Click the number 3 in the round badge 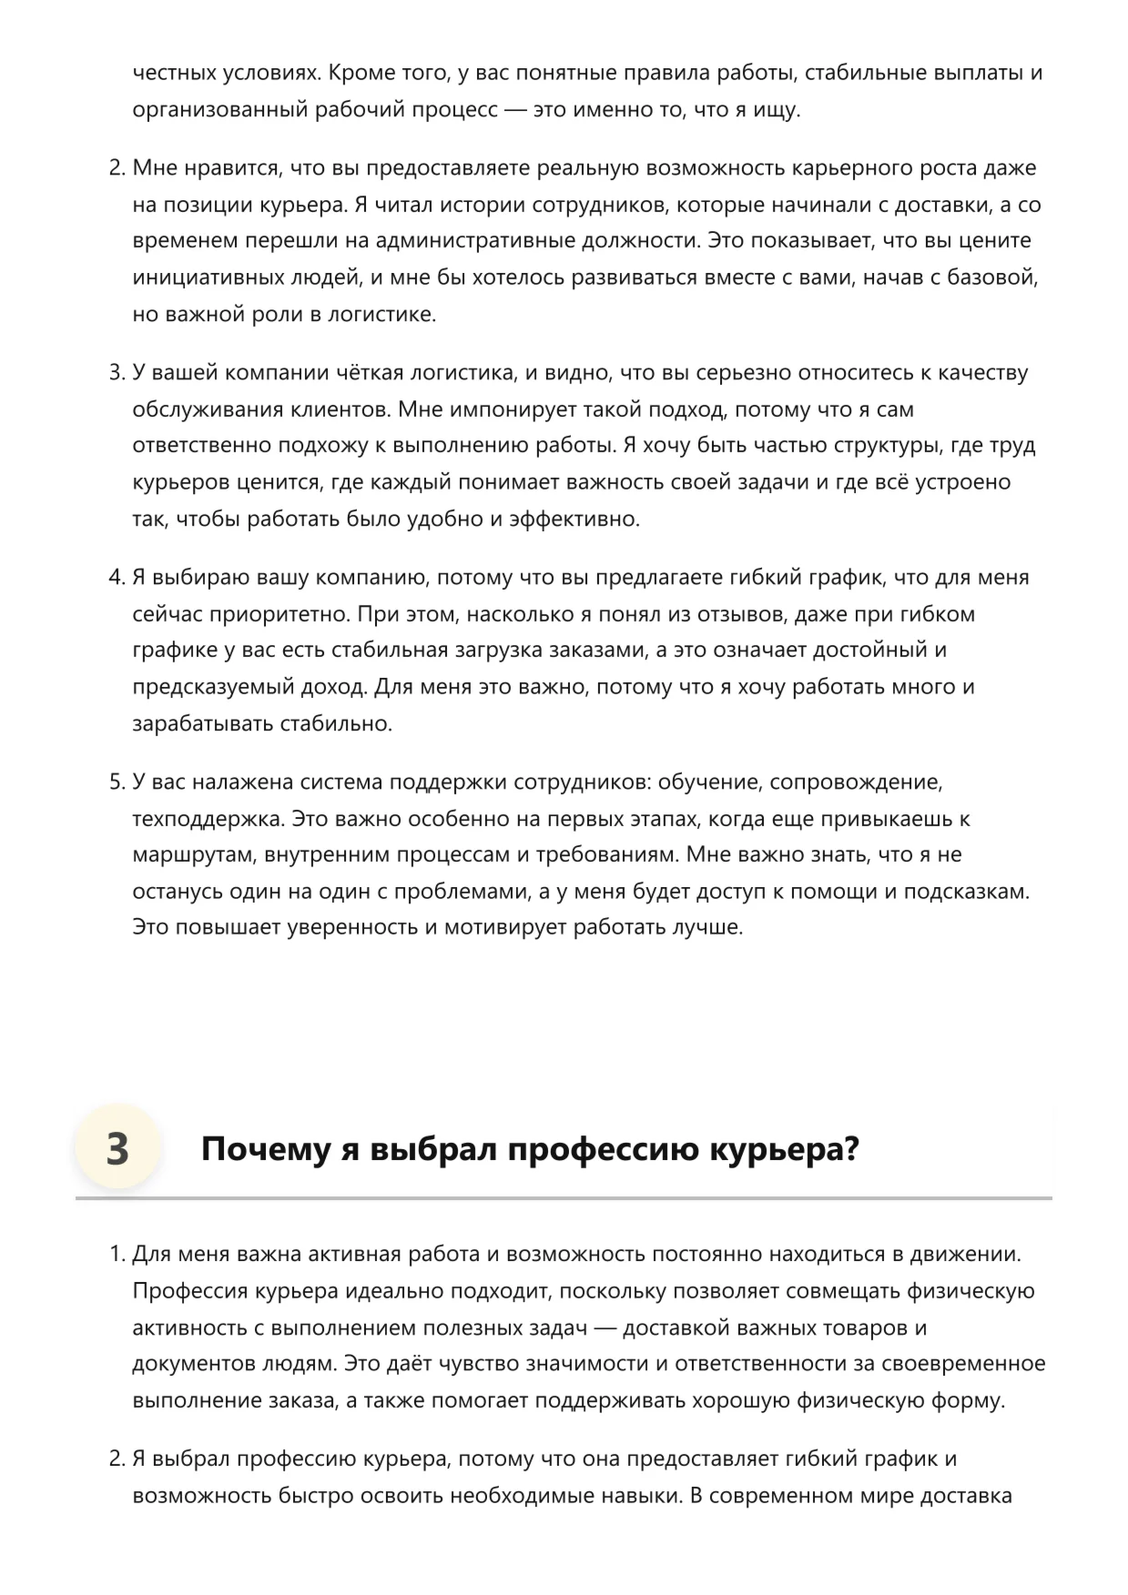(117, 1148)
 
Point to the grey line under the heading (564, 1198)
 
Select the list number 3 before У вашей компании (116, 373)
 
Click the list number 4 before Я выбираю (116, 578)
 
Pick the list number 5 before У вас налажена (116, 782)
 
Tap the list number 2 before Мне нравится (116, 168)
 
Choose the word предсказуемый (204, 687)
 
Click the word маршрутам (187, 855)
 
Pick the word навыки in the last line (645, 1496)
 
